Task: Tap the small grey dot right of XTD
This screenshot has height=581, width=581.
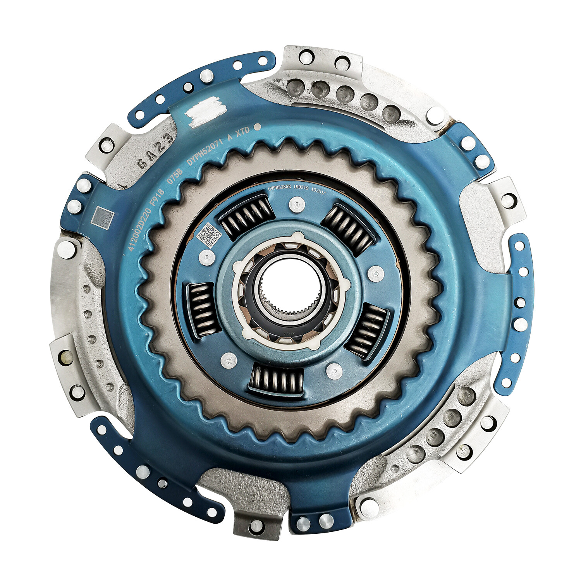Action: click(256, 127)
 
